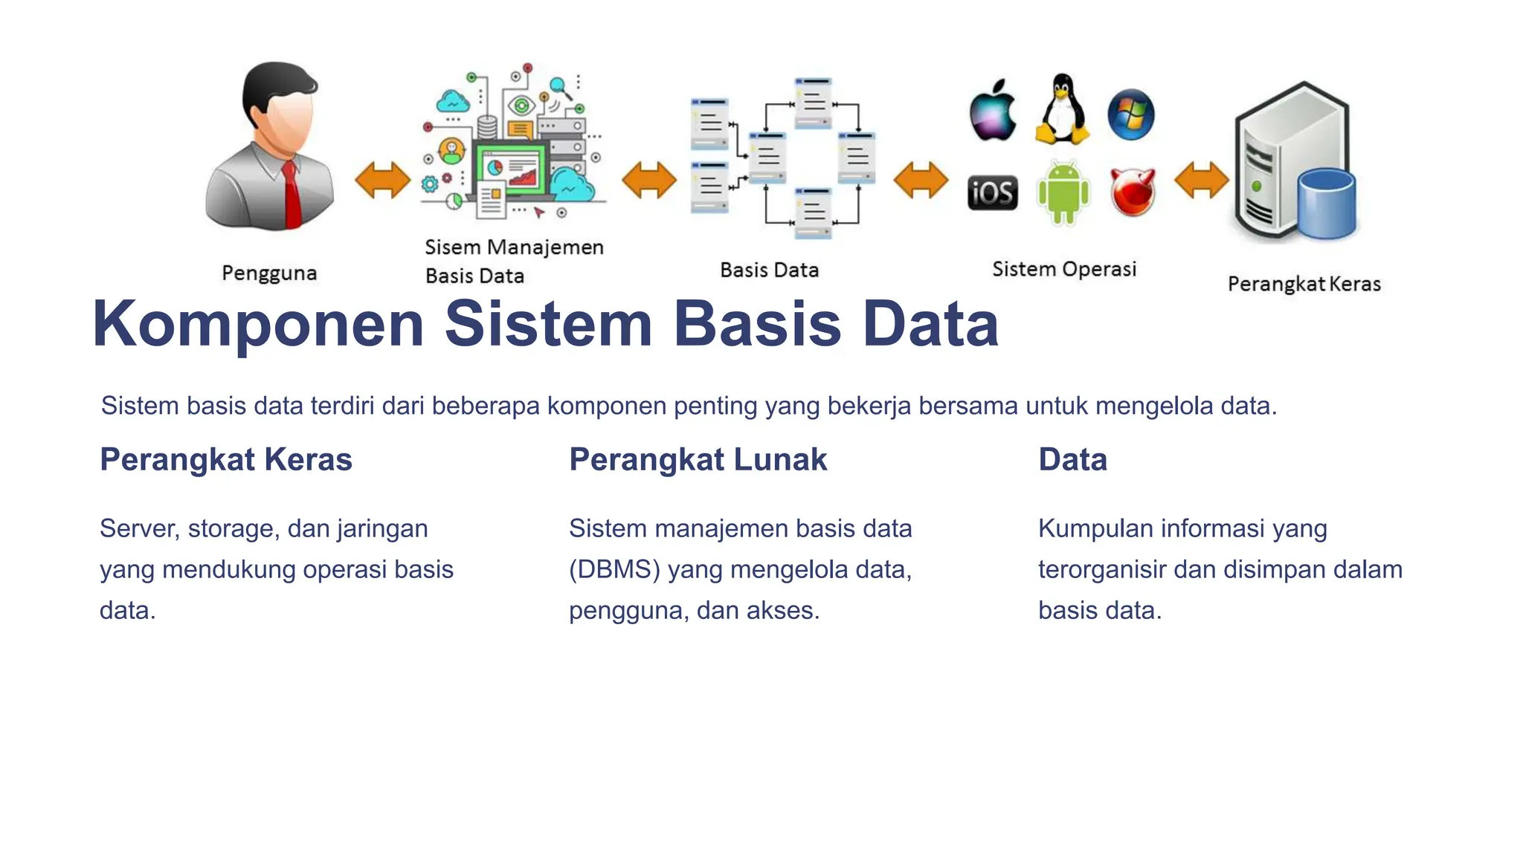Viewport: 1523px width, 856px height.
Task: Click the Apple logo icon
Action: [993, 111]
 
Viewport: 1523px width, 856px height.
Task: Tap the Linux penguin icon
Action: [1062, 110]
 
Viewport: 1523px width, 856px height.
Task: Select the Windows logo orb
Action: [1130, 114]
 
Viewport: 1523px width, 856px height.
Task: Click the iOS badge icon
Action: [992, 193]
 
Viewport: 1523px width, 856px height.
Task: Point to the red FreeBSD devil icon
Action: [1133, 192]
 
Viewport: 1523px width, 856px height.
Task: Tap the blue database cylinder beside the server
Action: [1326, 204]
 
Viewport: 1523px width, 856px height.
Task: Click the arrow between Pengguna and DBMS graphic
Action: [382, 181]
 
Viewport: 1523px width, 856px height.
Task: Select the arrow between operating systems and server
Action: [1200, 181]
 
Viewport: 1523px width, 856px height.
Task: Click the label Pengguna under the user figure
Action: [269, 273]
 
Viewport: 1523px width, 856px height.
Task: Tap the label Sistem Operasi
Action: [1063, 269]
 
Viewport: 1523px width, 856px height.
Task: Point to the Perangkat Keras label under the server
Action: [1304, 284]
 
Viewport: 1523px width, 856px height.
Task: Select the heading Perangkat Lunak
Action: [698, 459]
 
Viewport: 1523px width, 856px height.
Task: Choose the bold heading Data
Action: [1072, 459]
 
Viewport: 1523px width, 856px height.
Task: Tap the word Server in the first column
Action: [139, 528]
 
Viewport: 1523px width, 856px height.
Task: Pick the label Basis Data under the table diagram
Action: [769, 270]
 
